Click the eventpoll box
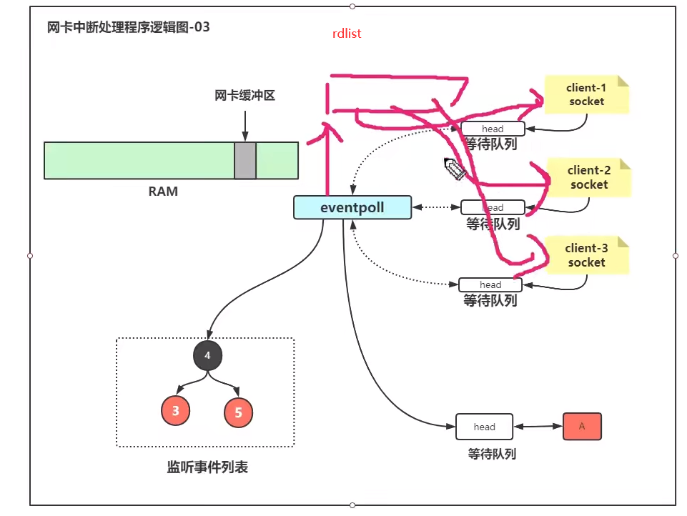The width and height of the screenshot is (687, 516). pyautogui.click(x=352, y=207)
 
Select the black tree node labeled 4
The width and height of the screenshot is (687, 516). pyautogui.click(x=208, y=355)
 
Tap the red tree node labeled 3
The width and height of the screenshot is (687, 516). pyautogui.click(x=176, y=410)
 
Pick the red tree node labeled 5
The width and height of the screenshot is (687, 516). pyautogui.click(x=238, y=412)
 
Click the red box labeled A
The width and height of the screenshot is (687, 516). pyautogui.click(x=582, y=426)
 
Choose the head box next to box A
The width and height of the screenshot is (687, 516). pyautogui.click(x=484, y=427)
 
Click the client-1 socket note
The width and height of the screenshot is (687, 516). pyautogui.click(x=586, y=94)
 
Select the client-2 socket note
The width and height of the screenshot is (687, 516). pyautogui.click(x=589, y=177)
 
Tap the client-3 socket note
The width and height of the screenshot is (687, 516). pyautogui.click(x=586, y=255)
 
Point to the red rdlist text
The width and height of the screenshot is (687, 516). pyautogui.click(x=347, y=34)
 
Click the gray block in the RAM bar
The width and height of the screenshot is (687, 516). pyautogui.click(x=245, y=160)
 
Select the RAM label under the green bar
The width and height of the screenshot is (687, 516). pyautogui.click(x=163, y=192)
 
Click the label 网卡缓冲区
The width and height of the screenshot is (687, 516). pyautogui.click(x=244, y=96)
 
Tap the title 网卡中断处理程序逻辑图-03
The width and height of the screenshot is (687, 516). pyautogui.click(x=129, y=27)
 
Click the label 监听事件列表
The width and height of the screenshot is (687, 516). pyautogui.click(x=207, y=467)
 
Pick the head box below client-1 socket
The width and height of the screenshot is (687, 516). pyautogui.click(x=493, y=129)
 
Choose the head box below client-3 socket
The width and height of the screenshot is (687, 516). pyautogui.click(x=490, y=284)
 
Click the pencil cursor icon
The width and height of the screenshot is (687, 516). pyautogui.click(x=455, y=169)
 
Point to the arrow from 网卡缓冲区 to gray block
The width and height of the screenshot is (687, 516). pyautogui.click(x=245, y=126)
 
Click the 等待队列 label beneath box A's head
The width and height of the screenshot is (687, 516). pyautogui.click(x=492, y=454)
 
